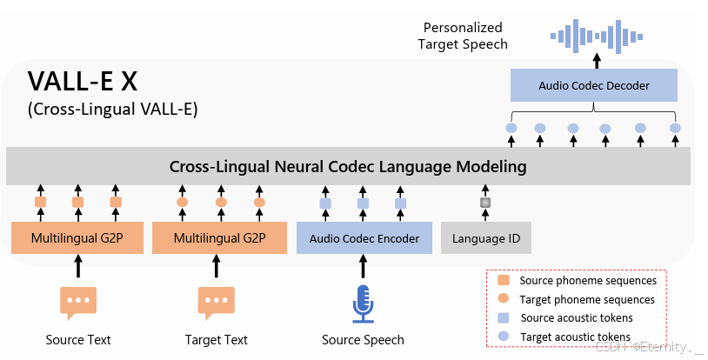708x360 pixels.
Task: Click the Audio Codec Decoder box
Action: tap(594, 85)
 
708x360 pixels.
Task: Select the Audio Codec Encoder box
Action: tap(364, 238)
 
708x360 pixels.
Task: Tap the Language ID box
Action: tap(485, 238)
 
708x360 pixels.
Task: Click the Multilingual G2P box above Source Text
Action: tap(77, 238)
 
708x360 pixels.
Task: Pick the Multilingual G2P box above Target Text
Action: tap(219, 238)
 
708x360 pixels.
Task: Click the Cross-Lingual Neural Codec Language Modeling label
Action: tap(348, 165)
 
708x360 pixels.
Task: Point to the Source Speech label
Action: tap(363, 339)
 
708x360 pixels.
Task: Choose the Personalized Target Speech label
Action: tap(462, 36)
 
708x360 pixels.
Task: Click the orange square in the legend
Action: tap(502, 281)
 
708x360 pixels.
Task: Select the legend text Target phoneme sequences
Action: tap(586, 299)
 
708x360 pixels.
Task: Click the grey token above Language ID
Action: tap(485, 203)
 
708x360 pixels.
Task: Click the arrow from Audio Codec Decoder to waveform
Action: tap(597, 59)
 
